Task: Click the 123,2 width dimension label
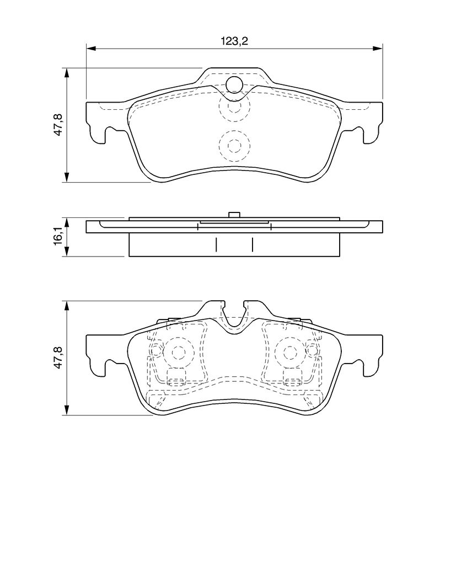[234, 41]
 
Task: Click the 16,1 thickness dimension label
[58, 236]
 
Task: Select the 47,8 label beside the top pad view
[58, 124]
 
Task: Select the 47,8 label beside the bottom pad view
[58, 357]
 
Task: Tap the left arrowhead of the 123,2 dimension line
[91, 49]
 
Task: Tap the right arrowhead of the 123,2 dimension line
[378, 49]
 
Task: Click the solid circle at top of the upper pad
[234, 85]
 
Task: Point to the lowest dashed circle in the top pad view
[234, 146]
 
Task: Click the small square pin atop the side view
[234, 215]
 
